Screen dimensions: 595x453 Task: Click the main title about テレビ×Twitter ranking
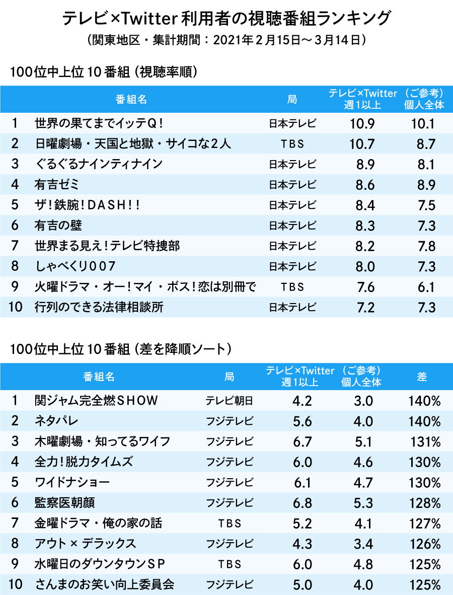coord(226,18)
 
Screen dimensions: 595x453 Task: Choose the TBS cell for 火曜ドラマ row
coord(292,287)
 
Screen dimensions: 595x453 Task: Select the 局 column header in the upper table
coord(292,99)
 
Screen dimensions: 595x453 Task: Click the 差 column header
coord(423,377)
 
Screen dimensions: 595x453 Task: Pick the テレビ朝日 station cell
coord(229,401)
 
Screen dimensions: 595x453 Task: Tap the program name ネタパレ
coord(56,421)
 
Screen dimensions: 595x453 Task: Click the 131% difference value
coord(425,441)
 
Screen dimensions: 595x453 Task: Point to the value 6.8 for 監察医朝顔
coord(302,503)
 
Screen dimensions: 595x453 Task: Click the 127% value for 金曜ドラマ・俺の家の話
coord(425,524)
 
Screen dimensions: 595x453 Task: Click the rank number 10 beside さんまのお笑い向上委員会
coord(16,584)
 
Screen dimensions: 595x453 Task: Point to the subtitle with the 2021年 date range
coord(226,41)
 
